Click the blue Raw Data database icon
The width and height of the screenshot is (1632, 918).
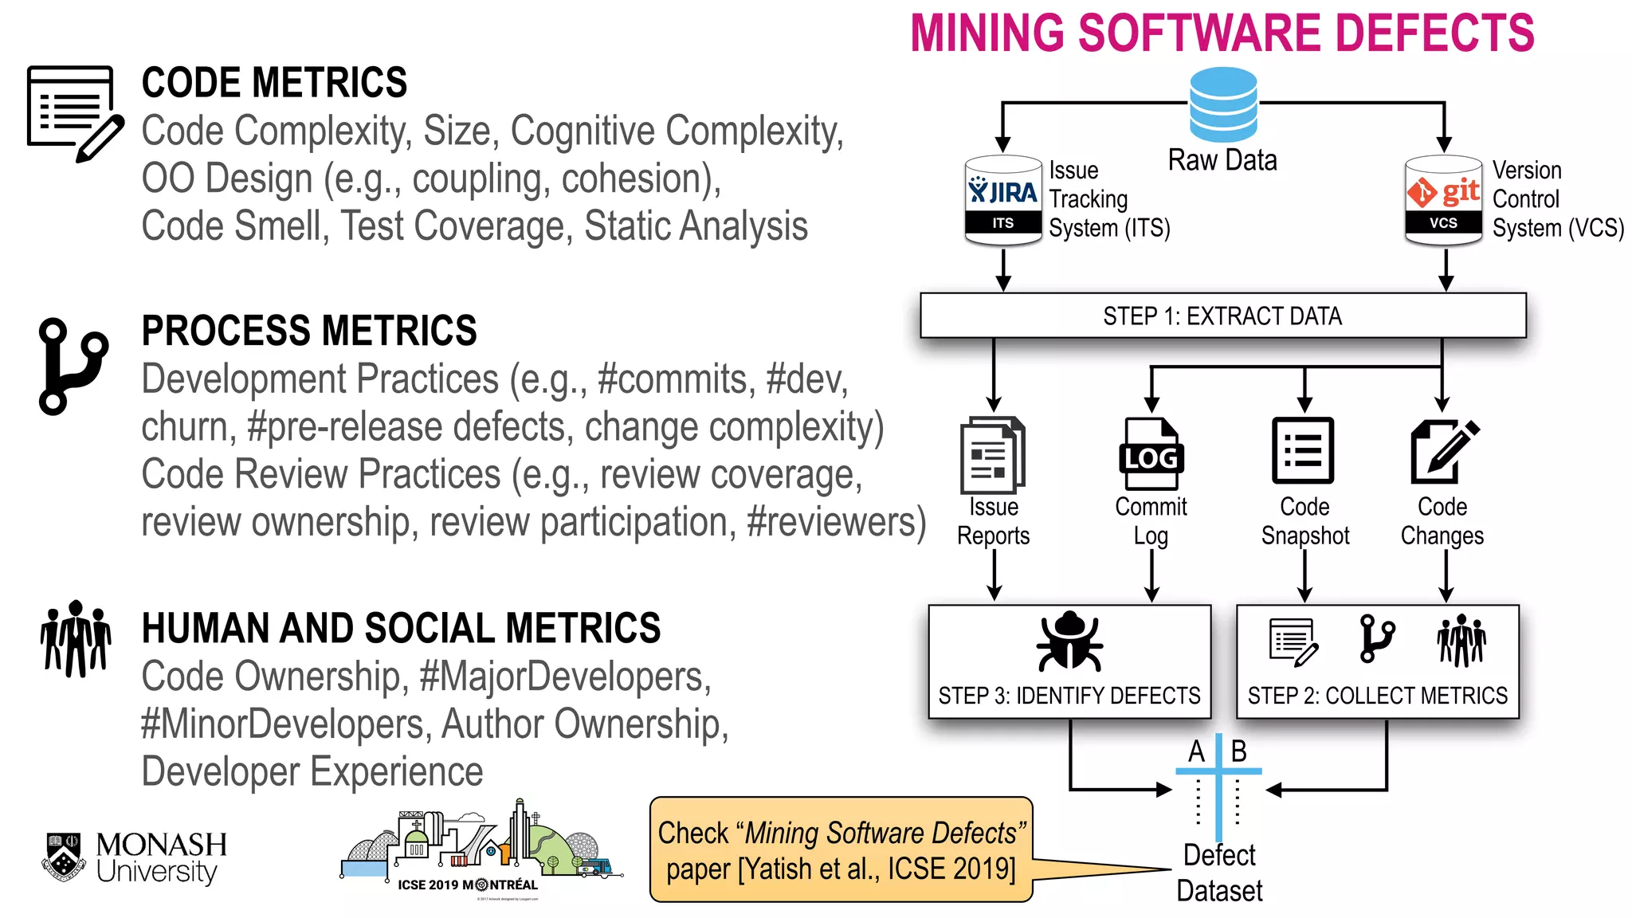click(1222, 104)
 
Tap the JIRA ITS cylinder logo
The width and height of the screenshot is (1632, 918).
click(1002, 199)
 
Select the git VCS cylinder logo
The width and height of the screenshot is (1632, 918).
click(1443, 199)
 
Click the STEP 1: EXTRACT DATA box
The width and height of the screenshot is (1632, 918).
click(1222, 316)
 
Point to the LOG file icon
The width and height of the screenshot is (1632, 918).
click(1151, 454)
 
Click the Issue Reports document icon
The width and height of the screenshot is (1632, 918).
click(993, 455)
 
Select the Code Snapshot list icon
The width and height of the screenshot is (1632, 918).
click(1303, 450)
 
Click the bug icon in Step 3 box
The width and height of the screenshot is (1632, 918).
click(1069, 642)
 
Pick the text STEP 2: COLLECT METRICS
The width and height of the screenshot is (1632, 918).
click(1377, 696)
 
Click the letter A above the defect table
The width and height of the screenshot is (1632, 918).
click(1196, 751)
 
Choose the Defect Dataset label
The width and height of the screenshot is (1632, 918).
click(1219, 873)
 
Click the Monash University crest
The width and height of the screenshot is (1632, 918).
click(64, 857)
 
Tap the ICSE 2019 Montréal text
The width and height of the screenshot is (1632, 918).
click(468, 885)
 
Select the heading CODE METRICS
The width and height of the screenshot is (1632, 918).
click(274, 83)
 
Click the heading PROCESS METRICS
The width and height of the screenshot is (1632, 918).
click(309, 331)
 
